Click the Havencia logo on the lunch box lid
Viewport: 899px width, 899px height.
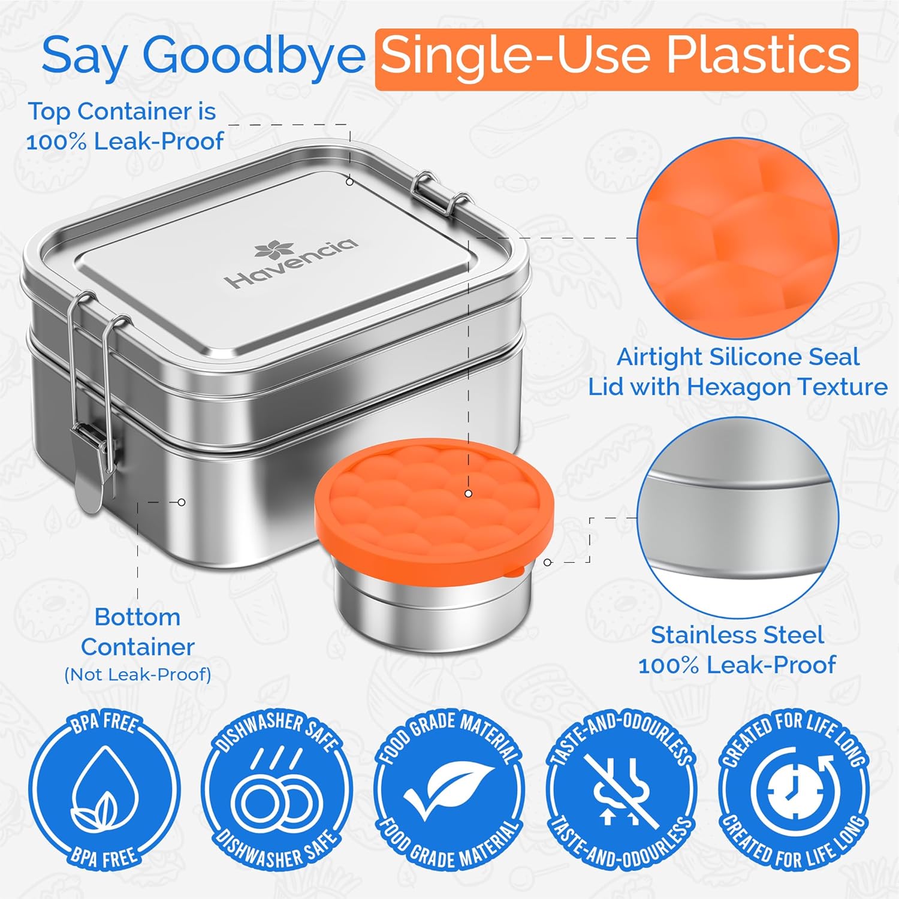click(291, 264)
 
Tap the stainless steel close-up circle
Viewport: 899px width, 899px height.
click(737, 518)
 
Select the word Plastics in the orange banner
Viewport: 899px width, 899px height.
click(759, 56)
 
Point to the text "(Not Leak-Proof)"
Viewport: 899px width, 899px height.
click(138, 675)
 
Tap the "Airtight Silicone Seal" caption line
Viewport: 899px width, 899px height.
click(738, 357)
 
